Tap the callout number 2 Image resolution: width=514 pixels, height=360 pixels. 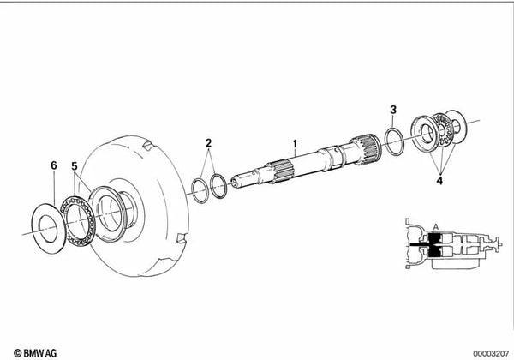coord(207,142)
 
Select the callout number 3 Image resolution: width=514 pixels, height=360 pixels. coord(393,111)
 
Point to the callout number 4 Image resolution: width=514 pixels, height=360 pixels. coord(440,181)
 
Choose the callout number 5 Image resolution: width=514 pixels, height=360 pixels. coord(75,165)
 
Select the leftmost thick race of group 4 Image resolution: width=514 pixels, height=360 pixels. coord(423,135)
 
